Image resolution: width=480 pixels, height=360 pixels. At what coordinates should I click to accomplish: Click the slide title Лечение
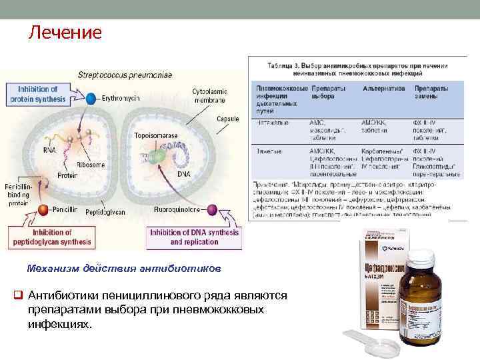point(65,32)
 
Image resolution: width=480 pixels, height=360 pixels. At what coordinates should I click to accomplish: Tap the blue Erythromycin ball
point(91,98)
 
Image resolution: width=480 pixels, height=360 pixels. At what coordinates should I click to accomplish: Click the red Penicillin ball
point(43,211)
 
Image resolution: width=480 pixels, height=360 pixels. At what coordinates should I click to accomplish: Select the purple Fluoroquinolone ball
point(212,210)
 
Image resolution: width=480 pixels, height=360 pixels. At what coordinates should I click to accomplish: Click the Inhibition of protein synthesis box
point(38,94)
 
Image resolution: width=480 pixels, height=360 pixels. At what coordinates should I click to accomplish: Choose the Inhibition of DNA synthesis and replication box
point(193,237)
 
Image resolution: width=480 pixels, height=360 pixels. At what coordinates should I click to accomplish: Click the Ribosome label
point(89,163)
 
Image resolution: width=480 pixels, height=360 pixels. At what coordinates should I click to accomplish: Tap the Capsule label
point(228,118)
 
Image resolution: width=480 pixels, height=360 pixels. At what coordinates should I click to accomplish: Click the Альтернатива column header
point(384,88)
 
